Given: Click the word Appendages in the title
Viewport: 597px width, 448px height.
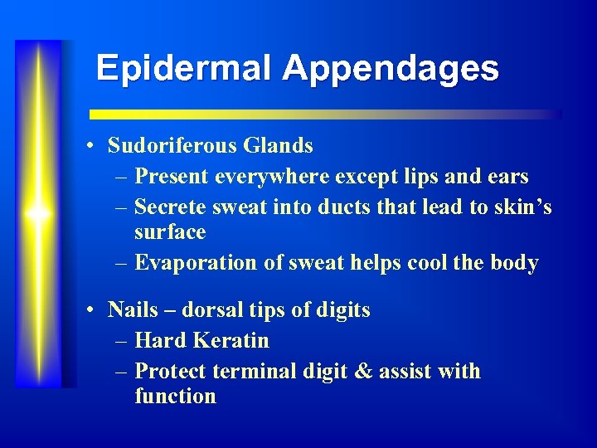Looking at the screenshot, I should [391, 69].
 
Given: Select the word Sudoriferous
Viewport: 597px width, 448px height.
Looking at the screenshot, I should [173, 146].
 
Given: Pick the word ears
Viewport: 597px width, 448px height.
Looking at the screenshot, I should [507, 177].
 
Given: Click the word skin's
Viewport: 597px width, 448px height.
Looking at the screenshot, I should [523, 206].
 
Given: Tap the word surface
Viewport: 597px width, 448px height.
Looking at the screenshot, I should [170, 232].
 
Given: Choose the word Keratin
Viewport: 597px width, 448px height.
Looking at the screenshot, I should [231, 340].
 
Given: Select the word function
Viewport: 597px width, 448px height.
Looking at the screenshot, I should [175, 397].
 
